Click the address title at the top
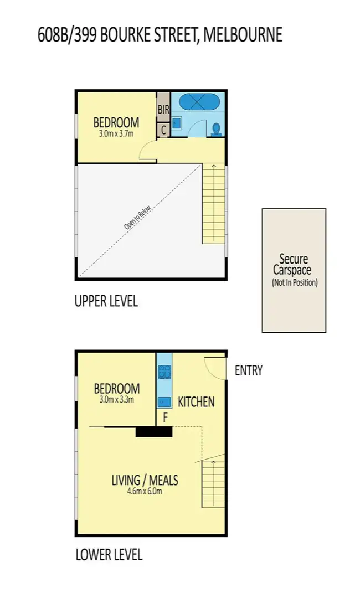coord(160,35)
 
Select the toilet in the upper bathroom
coord(217,128)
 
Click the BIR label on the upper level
coord(163,110)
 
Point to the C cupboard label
coord(163,131)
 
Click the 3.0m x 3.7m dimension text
coord(116,133)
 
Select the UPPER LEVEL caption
coord(106,302)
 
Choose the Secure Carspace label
coord(294,265)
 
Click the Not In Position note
coord(294,282)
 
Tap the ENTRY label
coord(249,370)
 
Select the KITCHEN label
coord(196,401)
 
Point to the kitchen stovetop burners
coord(164,372)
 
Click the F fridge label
coord(164,416)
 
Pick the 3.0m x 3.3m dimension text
coord(116,399)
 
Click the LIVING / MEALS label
coord(145,480)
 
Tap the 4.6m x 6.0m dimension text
coord(145,491)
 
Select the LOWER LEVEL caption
coord(109,554)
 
